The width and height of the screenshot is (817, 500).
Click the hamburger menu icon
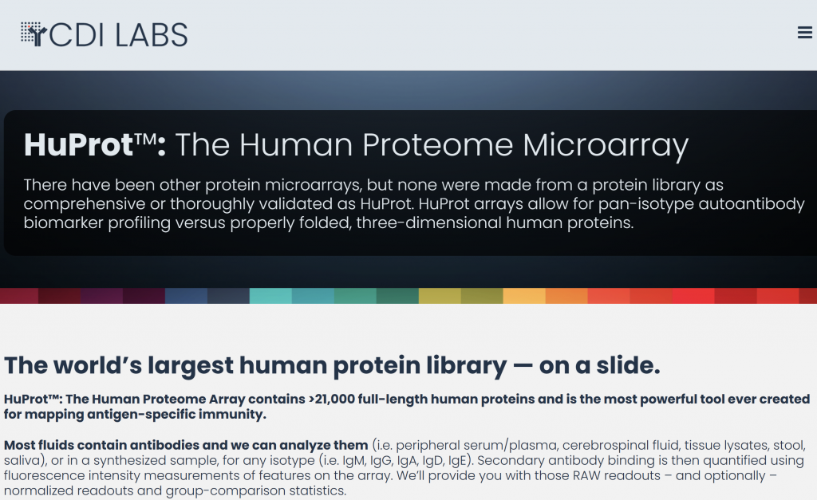point(804,32)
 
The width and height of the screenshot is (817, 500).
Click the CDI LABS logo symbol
point(34,34)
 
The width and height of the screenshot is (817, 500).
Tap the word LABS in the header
point(151,35)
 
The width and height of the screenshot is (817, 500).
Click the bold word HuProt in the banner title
point(78,144)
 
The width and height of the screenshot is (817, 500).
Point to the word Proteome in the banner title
point(437,144)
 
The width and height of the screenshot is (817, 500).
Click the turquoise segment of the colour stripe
point(270,295)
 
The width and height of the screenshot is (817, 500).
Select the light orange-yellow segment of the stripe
point(524,295)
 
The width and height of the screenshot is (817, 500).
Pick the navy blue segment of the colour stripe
point(186,295)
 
